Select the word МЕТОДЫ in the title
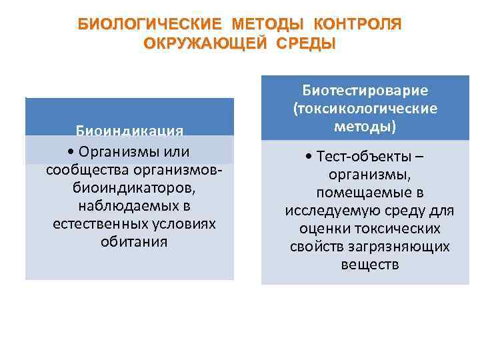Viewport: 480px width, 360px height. [x=268, y=25]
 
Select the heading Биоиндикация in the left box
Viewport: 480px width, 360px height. [x=130, y=129]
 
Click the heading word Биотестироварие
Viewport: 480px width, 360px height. [x=365, y=90]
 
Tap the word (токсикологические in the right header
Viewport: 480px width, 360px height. [x=365, y=108]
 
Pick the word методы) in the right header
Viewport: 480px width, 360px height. [x=365, y=126]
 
